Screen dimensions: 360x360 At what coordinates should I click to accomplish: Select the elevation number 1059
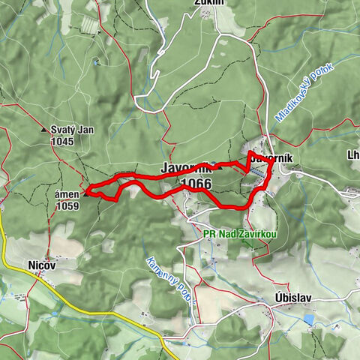67,205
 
